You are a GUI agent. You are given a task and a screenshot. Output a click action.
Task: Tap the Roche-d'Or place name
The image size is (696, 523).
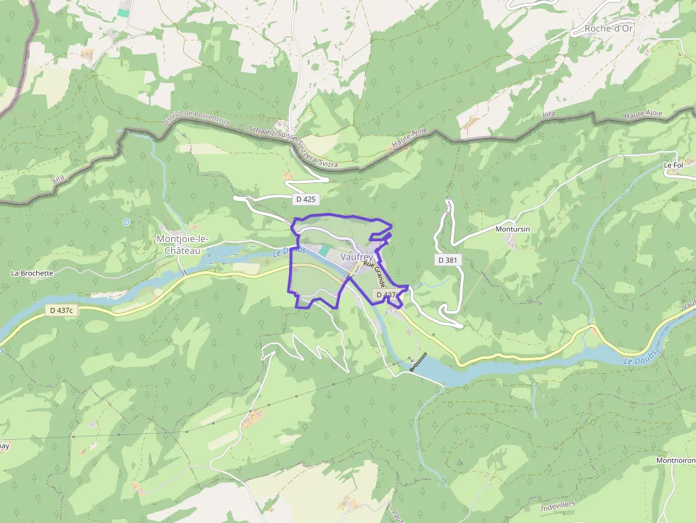pos(609,28)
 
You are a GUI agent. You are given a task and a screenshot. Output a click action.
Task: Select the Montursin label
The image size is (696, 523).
pos(513,229)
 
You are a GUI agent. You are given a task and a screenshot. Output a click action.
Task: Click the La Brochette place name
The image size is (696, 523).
pos(32,272)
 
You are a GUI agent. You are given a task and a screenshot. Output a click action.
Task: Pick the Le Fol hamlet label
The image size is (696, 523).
pos(673,165)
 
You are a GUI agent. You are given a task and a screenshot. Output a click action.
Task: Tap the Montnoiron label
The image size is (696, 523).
pos(675,460)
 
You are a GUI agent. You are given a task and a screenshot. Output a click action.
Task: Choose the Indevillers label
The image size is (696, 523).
pos(557,508)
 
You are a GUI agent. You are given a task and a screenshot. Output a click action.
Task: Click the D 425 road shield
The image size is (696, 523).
pos(304,199)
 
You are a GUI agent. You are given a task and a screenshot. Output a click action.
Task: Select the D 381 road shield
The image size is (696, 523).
pos(447,260)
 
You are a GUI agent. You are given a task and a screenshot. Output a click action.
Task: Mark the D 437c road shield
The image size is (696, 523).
pos(62,310)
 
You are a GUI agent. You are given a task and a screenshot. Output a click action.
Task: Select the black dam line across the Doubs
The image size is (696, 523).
pos(418,361)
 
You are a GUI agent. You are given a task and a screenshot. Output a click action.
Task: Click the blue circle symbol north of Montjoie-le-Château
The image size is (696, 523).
pos(126,222)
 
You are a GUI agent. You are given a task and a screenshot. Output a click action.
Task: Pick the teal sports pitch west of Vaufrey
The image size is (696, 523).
pos(325,251)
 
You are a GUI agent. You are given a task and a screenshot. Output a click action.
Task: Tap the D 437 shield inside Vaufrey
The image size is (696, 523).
pos(386,294)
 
